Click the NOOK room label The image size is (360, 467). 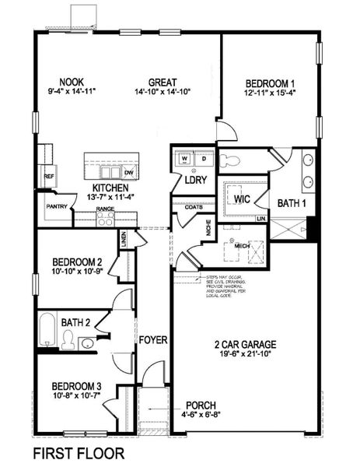click(72, 81)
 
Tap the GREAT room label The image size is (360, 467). click(164, 82)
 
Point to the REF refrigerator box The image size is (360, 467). click(48, 177)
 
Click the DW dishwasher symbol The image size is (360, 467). click(128, 173)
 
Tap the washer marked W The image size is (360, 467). click(185, 159)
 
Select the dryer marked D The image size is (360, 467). click(203, 159)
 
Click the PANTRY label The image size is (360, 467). click(55, 207)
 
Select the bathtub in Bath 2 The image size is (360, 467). click(47, 331)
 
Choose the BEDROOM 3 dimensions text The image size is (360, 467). click(77, 395)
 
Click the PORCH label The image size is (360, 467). click(200, 406)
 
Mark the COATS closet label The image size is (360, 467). click(194, 207)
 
